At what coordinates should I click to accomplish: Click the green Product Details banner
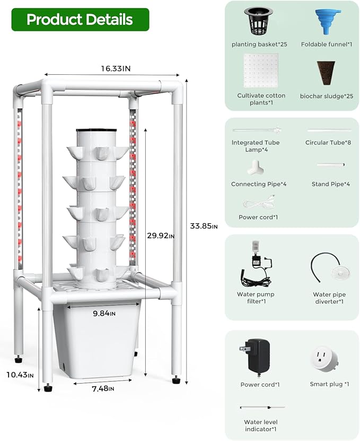tap(80, 20)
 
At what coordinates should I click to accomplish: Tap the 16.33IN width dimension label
tap(115, 68)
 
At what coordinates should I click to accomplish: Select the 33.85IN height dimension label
tap(204, 226)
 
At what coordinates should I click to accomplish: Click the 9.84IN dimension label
tap(104, 313)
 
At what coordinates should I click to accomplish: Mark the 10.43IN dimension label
tap(20, 375)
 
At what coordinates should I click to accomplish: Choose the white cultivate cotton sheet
tap(260, 71)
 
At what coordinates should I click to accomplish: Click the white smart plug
tap(324, 359)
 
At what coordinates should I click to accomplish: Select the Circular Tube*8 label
tap(327, 142)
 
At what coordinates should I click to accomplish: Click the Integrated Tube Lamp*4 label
tap(256, 146)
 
